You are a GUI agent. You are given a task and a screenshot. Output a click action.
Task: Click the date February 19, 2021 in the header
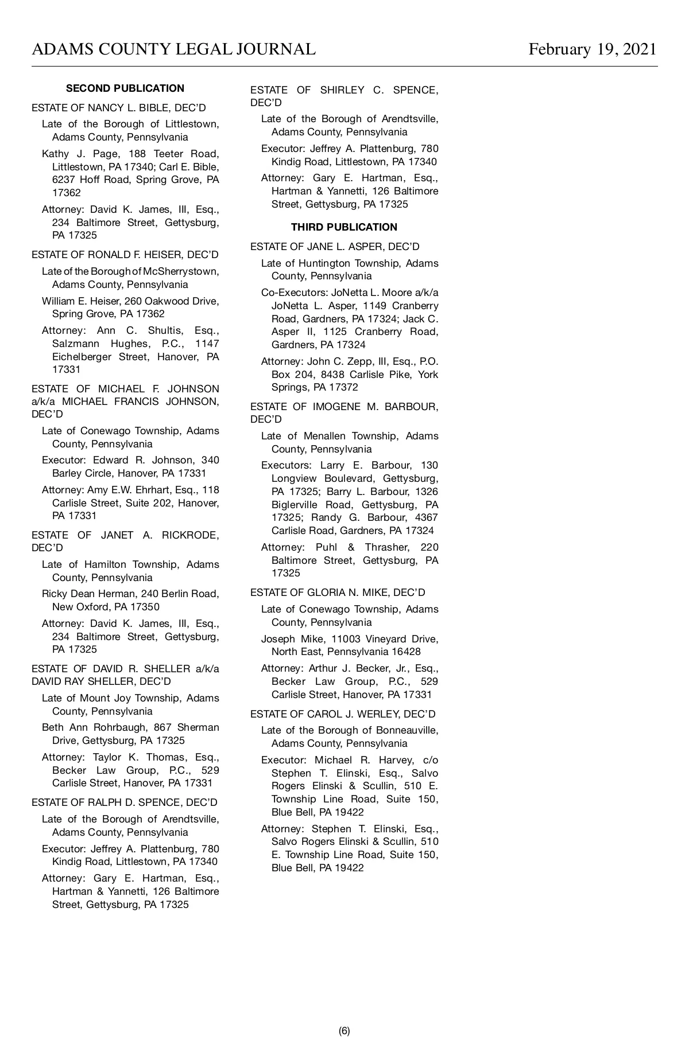(x=592, y=49)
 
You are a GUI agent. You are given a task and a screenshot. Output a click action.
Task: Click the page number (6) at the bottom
(x=344, y=1031)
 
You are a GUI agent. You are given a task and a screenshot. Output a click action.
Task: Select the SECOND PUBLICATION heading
(x=125, y=88)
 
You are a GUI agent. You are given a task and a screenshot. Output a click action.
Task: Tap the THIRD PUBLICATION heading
(x=344, y=227)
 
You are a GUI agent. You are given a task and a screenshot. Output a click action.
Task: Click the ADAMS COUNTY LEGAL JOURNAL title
(x=173, y=49)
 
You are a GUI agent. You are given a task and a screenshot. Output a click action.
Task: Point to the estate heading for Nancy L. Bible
(x=119, y=108)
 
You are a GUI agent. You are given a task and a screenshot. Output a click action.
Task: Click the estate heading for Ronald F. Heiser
(x=125, y=255)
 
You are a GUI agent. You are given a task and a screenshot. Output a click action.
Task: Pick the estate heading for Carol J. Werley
(x=343, y=714)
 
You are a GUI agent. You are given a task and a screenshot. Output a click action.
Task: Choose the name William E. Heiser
(x=78, y=301)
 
